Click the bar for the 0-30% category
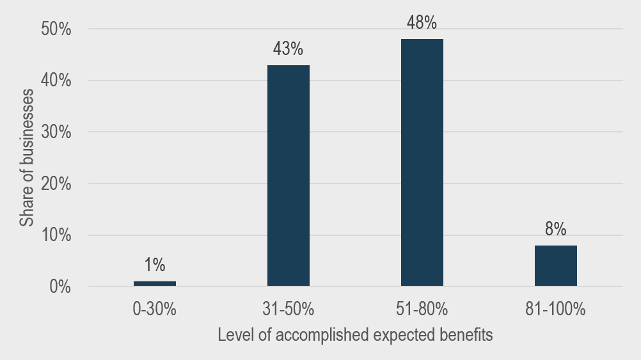(155, 283)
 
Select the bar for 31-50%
(289, 176)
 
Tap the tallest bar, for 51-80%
(422, 162)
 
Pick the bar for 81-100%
(556, 265)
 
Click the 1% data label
(155, 264)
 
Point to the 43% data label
(289, 49)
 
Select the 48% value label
(422, 23)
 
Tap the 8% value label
(556, 228)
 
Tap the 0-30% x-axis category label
(155, 310)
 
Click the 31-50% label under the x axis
(289, 310)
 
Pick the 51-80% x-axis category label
(422, 310)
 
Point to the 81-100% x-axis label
(556, 310)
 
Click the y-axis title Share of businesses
(26, 159)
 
